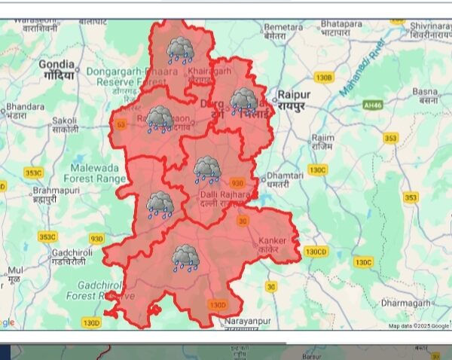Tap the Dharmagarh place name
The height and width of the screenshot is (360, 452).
pos(405,303)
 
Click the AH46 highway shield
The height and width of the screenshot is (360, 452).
pos(373,105)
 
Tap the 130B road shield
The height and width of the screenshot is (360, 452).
pos(324,78)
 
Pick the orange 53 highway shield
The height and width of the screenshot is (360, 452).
pos(121,124)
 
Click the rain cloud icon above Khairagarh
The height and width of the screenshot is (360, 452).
pos(179,50)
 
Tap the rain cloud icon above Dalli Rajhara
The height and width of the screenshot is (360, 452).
pos(206,169)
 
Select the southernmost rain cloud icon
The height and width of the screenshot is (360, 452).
pos(185,257)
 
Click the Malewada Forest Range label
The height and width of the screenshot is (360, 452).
pos(95,172)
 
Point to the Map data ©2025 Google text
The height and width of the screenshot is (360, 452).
pos(418,326)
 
